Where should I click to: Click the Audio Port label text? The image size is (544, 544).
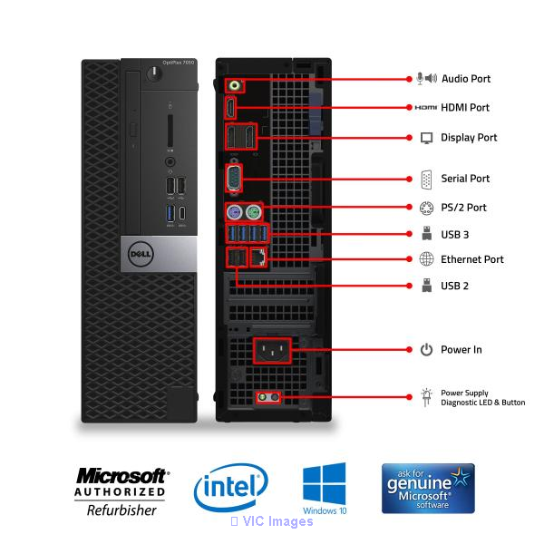click(466, 79)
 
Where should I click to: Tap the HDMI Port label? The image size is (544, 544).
click(465, 108)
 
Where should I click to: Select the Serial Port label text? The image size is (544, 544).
click(465, 179)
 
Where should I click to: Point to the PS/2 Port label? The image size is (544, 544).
click(463, 208)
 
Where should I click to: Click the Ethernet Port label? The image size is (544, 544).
click(472, 259)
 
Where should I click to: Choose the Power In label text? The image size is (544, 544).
click(461, 350)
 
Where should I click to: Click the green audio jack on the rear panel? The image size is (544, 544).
click(235, 85)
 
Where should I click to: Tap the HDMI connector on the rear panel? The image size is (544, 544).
click(230, 108)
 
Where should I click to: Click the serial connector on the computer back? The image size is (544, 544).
click(234, 178)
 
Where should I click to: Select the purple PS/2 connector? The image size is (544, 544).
click(234, 211)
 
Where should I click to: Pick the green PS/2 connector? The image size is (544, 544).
click(253, 211)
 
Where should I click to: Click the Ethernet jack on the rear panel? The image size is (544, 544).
click(258, 257)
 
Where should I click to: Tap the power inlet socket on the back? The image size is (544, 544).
click(272, 350)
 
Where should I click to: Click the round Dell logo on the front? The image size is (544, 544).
click(141, 254)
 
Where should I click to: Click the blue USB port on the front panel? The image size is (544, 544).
click(170, 213)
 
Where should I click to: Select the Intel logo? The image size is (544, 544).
click(231, 487)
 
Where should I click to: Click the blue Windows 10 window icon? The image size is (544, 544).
click(324, 483)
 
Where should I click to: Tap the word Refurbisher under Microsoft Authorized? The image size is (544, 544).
click(121, 510)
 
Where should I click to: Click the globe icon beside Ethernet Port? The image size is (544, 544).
click(426, 259)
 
